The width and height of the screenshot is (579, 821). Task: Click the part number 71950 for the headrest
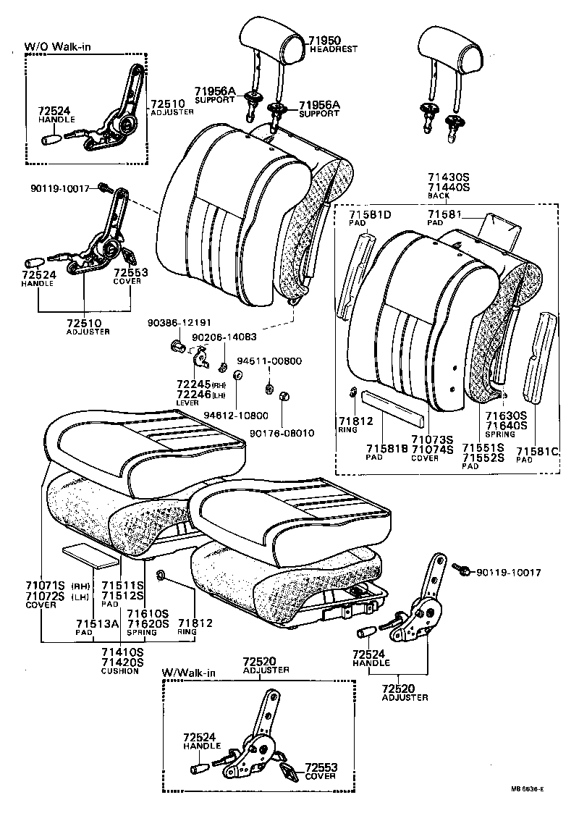coord(325,41)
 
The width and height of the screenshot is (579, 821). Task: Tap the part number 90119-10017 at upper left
coord(59,188)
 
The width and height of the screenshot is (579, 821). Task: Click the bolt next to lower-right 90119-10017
coord(459,571)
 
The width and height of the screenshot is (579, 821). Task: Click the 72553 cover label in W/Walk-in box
coord(321,767)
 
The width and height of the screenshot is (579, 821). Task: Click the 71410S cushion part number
coord(121,652)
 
